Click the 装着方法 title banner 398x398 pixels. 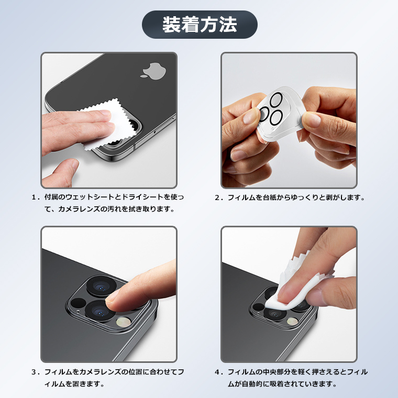pos(200,25)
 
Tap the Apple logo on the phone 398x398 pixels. pos(154,71)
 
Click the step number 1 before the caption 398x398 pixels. pos(34,197)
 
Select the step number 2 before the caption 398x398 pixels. pos(217,197)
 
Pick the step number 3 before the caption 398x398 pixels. pos(34,372)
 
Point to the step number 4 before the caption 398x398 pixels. pos(217,372)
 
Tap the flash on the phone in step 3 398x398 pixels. pos(124,322)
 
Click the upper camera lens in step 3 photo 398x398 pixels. pos(102,286)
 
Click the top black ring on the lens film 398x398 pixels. pos(276,99)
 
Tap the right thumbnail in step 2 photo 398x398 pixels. pos(311,120)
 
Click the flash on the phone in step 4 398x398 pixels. pos(292,322)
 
